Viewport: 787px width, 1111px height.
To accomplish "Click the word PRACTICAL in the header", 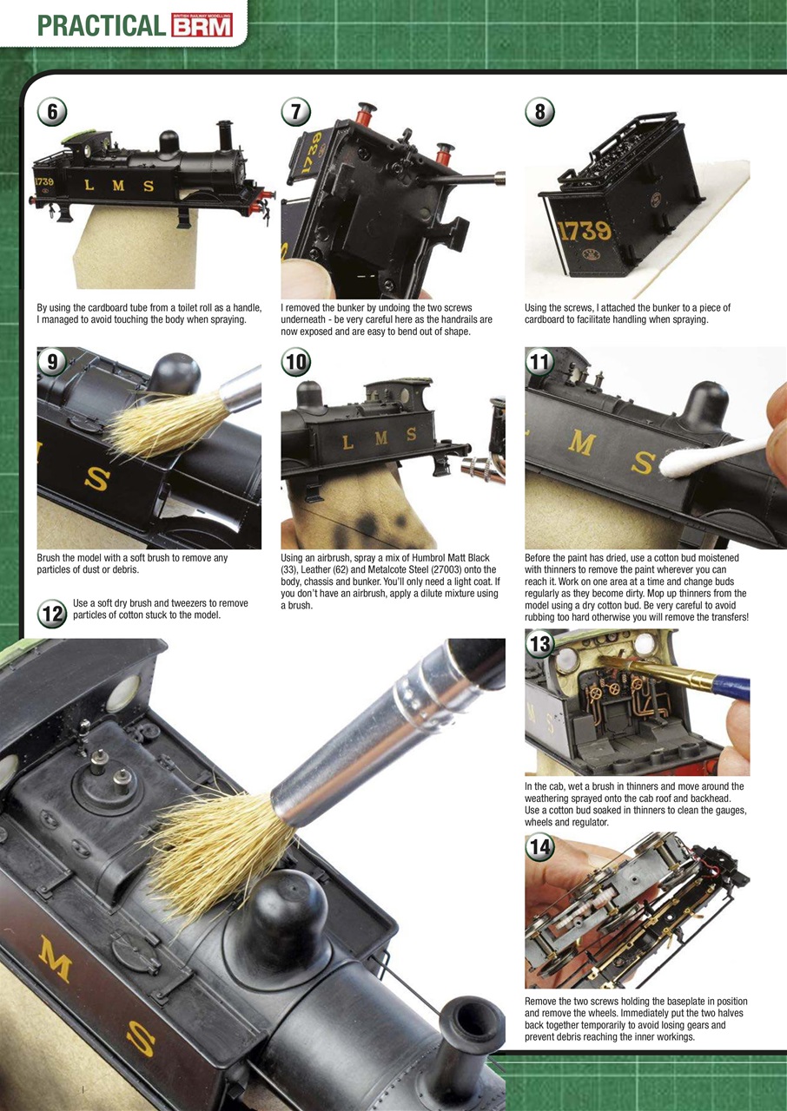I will (102, 26).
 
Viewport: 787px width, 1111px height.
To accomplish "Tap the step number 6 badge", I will (53, 113).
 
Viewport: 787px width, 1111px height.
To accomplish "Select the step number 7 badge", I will (296, 113).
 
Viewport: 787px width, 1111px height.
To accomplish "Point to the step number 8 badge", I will (540, 113).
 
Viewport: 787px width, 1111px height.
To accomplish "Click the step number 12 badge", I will (53, 614).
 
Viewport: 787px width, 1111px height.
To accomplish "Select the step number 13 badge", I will (540, 644).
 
